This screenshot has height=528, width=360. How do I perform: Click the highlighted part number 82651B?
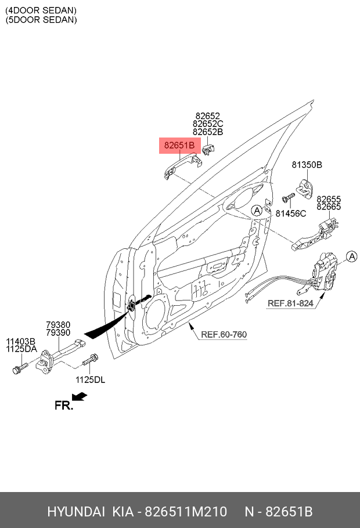click(179, 145)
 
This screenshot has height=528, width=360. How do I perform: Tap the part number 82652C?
click(208, 124)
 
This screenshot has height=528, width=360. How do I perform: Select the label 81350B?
click(307, 165)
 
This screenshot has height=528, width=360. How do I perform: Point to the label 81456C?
click(290, 214)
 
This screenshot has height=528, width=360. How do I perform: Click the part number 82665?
click(329, 207)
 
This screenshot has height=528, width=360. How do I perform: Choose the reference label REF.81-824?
click(290, 303)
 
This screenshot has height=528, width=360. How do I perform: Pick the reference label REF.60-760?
click(224, 335)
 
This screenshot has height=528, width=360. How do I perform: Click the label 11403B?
click(21, 341)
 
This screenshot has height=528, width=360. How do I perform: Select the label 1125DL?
click(90, 379)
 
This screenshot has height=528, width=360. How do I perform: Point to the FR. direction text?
click(64, 406)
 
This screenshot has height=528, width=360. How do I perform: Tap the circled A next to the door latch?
click(351, 256)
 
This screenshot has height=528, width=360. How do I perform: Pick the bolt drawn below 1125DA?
click(20, 368)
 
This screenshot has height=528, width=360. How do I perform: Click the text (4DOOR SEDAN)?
click(41, 10)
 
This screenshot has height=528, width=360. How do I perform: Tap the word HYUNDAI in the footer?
click(76, 512)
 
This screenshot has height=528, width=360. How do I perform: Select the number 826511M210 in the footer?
click(185, 512)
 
